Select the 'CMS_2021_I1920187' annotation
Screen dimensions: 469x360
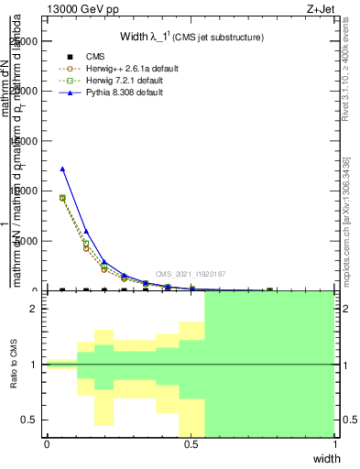(190, 274)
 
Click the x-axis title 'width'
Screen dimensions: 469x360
(326, 457)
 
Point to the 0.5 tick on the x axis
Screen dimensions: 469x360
(191, 444)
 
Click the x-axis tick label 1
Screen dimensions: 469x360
(335, 444)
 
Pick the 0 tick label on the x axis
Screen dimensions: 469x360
(47, 444)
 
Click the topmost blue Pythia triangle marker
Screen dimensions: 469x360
(62, 169)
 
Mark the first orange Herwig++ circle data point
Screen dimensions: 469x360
(62, 198)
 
